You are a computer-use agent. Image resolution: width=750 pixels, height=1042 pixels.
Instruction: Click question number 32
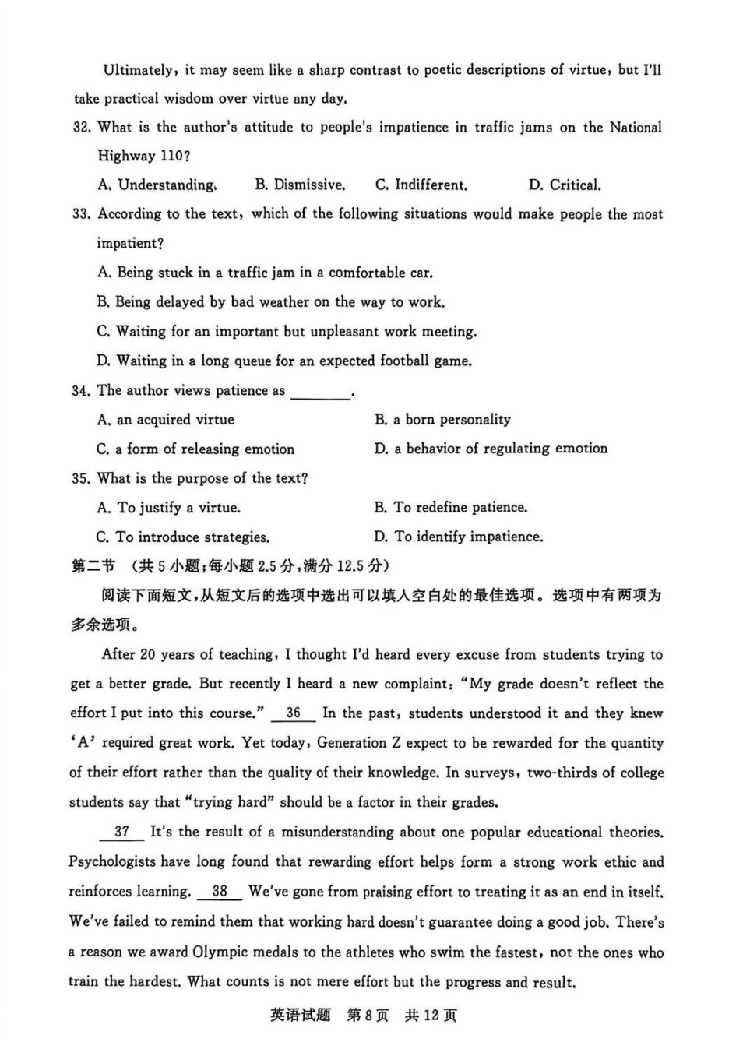81,128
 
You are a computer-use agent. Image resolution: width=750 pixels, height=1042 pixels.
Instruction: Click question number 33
81,214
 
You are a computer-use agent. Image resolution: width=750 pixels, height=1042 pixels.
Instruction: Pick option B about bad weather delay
271,302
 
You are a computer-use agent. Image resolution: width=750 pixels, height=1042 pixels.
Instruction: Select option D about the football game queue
284,361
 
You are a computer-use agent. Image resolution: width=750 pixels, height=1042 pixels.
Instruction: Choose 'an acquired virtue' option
166,420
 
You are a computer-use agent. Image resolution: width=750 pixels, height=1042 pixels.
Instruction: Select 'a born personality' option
442,420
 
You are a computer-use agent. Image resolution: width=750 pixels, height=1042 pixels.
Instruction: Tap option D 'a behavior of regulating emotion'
491,449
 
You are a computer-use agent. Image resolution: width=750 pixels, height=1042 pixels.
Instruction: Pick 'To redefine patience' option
451,508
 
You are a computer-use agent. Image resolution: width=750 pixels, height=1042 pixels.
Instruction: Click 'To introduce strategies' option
183,537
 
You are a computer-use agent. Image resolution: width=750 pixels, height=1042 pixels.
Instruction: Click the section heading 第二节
93,566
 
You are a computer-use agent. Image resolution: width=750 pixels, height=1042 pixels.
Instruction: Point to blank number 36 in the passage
294,713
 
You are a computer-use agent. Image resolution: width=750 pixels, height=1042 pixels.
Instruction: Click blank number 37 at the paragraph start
121,832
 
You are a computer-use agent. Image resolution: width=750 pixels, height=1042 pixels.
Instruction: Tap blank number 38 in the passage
220,892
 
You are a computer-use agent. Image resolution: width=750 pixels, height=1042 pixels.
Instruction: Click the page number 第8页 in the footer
367,1016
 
